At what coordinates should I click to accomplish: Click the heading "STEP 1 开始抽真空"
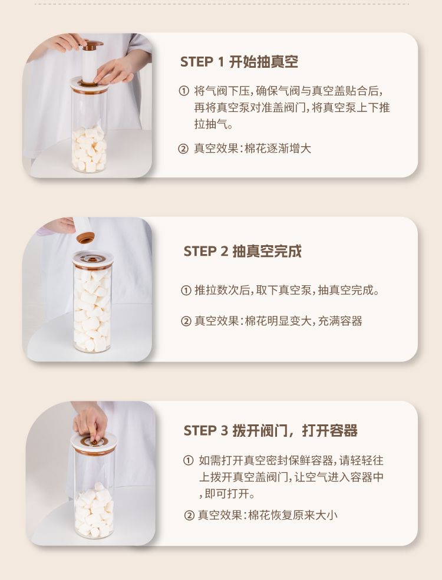pyautogui.click(x=239, y=62)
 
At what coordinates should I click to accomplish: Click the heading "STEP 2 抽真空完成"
pyautogui.click(x=243, y=251)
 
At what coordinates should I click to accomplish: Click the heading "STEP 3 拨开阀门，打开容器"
pyautogui.click(x=271, y=430)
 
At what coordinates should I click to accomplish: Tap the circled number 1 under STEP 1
pyautogui.click(x=184, y=91)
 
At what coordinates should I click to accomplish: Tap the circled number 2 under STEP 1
pyautogui.click(x=183, y=149)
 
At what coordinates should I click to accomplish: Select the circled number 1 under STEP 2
pyautogui.click(x=186, y=291)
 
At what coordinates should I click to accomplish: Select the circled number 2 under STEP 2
pyautogui.click(x=186, y=321)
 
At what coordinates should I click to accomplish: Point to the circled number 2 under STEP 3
pyautogui.click(x=189, y=515)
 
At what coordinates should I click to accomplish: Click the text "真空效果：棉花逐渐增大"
pyautogui.click(x=253, y=149)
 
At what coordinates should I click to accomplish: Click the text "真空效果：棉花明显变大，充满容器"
pyautogui.click(x=279, y=321)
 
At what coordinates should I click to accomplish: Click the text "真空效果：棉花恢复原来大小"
pyautogui.click(x=268, y=515)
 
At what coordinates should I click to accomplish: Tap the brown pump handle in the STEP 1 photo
pyautogui.click(x=92, y=45)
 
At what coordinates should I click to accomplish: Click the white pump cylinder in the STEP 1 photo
pyautogui.click(x=90, y=66)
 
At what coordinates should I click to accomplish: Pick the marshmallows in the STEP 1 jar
pyautogui.click(x=89, y=150)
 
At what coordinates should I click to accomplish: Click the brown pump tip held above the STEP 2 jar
pyautogui.click(x=85, y=238)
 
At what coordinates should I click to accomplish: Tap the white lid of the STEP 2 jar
pyautogui.click(x=93, y=259)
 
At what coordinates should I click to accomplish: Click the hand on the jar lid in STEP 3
pyautogui.click(x=90, y=421)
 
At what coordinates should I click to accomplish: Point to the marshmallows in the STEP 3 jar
pyautogui.click(x=94, y=510)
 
